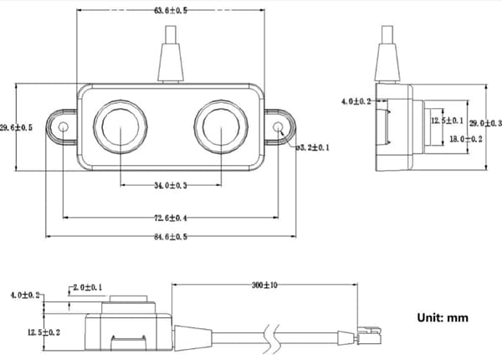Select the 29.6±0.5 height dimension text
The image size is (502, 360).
click(x=16, y=128)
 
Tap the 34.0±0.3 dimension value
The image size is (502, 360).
click(x=172, y=185)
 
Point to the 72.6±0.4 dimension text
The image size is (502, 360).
click(x=172, y=219)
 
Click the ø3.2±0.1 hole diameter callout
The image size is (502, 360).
click(x=313, y=148)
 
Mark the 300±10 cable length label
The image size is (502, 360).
click(x=267, y=285)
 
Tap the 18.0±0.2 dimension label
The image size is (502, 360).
click(x=465, y=139)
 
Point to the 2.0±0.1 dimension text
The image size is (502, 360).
click(x=86, y=287)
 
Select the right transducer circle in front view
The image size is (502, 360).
click(x=221, y=128)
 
